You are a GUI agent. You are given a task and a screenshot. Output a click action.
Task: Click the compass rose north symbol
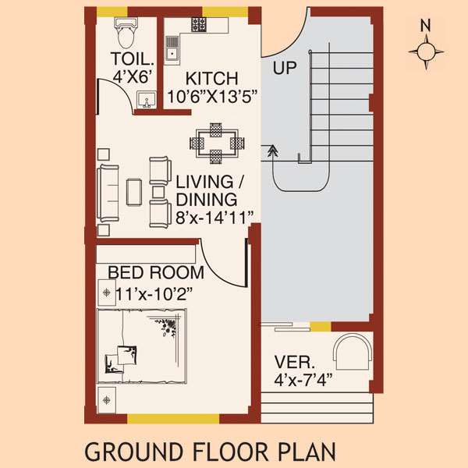coord(426,51)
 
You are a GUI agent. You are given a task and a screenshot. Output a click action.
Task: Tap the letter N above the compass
coord(426,25)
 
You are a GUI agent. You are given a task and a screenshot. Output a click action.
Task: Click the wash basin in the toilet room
coord(144,100)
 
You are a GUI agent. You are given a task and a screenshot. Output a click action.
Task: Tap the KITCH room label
coord(212,80)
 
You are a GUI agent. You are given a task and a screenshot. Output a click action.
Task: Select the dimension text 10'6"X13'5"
coord(212,97)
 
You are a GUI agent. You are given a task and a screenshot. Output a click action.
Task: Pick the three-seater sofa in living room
coord(108,192)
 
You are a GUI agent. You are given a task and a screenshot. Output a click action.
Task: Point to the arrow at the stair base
coord(272,151)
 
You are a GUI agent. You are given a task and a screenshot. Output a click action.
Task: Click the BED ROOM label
coord(156,273)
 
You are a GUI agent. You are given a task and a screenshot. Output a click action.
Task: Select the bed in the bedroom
coord(142,346)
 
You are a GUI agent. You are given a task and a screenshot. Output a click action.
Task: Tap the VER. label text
coord(295,363)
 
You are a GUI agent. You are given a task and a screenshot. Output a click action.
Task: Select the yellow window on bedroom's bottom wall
coord(173,419)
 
